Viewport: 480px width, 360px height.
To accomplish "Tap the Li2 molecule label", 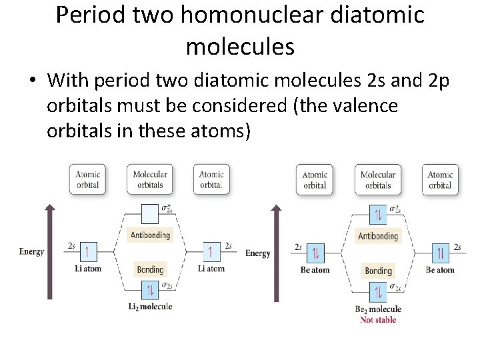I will click(x=150, y=306).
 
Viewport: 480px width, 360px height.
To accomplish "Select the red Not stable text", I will click(x=378, y=319).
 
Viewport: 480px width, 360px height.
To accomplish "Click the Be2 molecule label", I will click(x=378, y=309).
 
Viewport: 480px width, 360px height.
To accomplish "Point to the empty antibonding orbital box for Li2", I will click(x=150, y=213).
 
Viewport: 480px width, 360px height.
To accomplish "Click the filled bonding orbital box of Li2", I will click(x=150, y=290).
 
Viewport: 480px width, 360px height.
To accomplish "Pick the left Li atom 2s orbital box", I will click(x=89, y=252).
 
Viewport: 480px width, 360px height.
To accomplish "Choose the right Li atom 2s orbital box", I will click(x=211, y=252).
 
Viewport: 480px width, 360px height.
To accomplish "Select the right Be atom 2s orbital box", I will click(x=439, y=253).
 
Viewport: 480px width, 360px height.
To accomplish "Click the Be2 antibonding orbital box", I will click(x=378, y=215).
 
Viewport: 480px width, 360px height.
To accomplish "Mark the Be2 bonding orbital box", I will click(x=378, y=292).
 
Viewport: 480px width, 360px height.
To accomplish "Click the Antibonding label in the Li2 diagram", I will click(x=150, y=235).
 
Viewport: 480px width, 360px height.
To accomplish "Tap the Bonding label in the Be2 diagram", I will click(x=378, y=271).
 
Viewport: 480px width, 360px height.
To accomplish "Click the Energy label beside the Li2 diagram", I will click(x=31, y=252).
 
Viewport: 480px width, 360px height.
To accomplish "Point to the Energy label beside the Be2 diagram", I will click(x=258, y=253).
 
